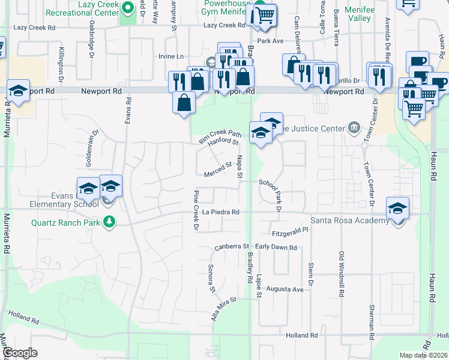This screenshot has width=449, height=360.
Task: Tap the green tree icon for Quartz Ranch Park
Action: click(109, 221)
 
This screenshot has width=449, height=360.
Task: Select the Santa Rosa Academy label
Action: click(354, 221)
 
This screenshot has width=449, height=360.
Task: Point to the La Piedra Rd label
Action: click(221, 212)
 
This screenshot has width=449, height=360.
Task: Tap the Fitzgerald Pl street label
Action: click(289, 229)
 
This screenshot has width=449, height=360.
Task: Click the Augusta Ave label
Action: click(286, 289)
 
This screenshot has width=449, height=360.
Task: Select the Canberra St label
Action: click(232, 247)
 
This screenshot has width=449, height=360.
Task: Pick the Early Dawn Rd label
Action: click(276, 247)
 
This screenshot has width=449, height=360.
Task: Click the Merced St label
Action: click(219, 167)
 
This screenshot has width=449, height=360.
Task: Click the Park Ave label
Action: click(270, 41)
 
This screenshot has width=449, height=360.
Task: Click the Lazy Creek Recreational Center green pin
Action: click(128, 8)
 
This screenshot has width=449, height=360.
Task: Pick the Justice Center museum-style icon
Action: click(354, 128)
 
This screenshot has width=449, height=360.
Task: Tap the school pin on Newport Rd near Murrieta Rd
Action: click(19, 91)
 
